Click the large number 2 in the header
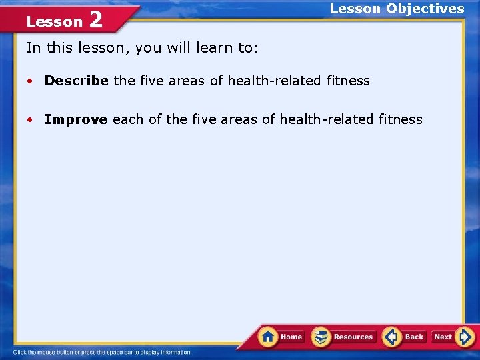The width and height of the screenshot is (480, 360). click(96, 19)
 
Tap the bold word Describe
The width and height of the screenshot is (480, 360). click(76, 81)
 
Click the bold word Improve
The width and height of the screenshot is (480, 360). click(75, 119)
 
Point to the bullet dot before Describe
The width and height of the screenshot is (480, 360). click(31, 81)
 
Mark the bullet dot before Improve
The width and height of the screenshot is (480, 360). click(31, 120)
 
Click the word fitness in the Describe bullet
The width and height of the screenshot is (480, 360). click(348, 81)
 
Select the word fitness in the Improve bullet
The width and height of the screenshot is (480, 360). click(401, 119)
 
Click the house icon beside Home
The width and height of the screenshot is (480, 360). click(268, 337)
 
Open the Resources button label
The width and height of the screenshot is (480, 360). click(353, 337)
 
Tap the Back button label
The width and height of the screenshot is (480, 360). click(414, 337)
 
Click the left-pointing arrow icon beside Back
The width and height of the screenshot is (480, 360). click(392, 337)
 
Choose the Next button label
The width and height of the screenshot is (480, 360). click(443, 337)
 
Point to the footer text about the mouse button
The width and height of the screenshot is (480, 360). click(102, 352)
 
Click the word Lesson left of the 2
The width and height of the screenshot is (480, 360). click(54, 21)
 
